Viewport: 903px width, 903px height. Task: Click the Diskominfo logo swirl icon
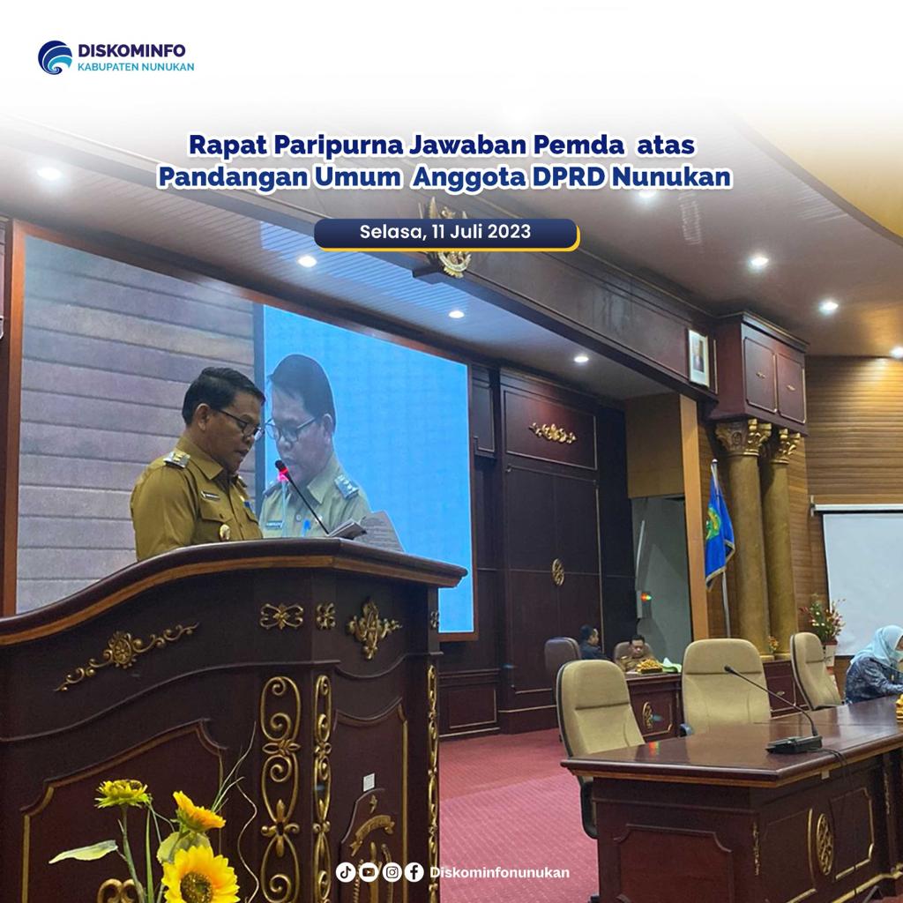click(x=55, y=57)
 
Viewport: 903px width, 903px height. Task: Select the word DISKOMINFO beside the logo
click(x=132, y=50)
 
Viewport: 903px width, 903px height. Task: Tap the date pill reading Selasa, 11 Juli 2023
click(x=445, y=233)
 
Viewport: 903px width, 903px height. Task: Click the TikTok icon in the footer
click(x=346, y=872)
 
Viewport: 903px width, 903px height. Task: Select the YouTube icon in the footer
click(x=369, y=872)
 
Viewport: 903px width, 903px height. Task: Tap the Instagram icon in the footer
click(x=392, y=872)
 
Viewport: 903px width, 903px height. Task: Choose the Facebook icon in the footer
click(x=414, y=872)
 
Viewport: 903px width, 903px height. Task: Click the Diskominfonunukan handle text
click(x=499, y=872)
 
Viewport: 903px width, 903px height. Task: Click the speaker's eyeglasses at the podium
click(x=242, y=423)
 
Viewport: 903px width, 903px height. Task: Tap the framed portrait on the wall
click(x=698, y=357)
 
